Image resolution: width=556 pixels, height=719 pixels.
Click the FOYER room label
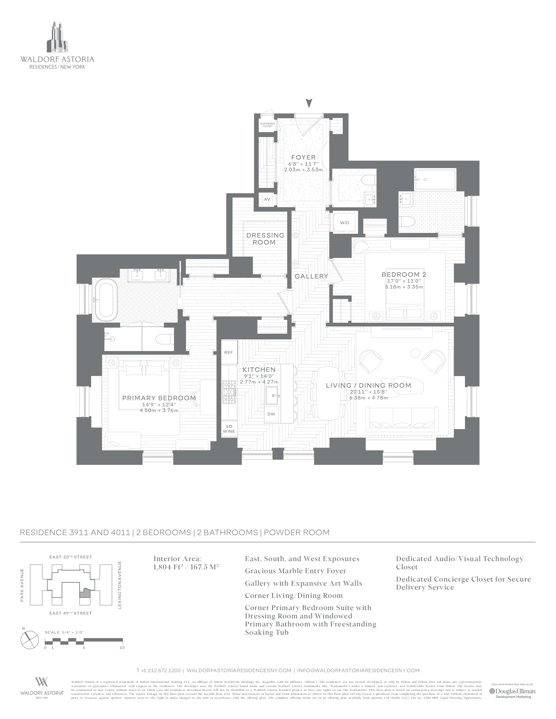(x=303, y=157)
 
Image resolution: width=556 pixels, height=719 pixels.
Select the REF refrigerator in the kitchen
(x=229, y=352)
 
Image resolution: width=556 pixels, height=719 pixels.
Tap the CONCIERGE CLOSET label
(x=267, y=125)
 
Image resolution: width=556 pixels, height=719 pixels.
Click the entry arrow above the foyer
(x=309, y=103)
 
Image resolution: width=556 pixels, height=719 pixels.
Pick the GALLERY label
(x=311, y=276)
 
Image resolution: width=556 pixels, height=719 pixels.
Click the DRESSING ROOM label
(x=265, y=239)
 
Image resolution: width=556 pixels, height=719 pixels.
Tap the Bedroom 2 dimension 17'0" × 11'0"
(x=404, y=281)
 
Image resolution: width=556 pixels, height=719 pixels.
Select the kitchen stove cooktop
(x=229, y=392)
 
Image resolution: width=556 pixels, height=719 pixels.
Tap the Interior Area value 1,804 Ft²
(x=186, y=567)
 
